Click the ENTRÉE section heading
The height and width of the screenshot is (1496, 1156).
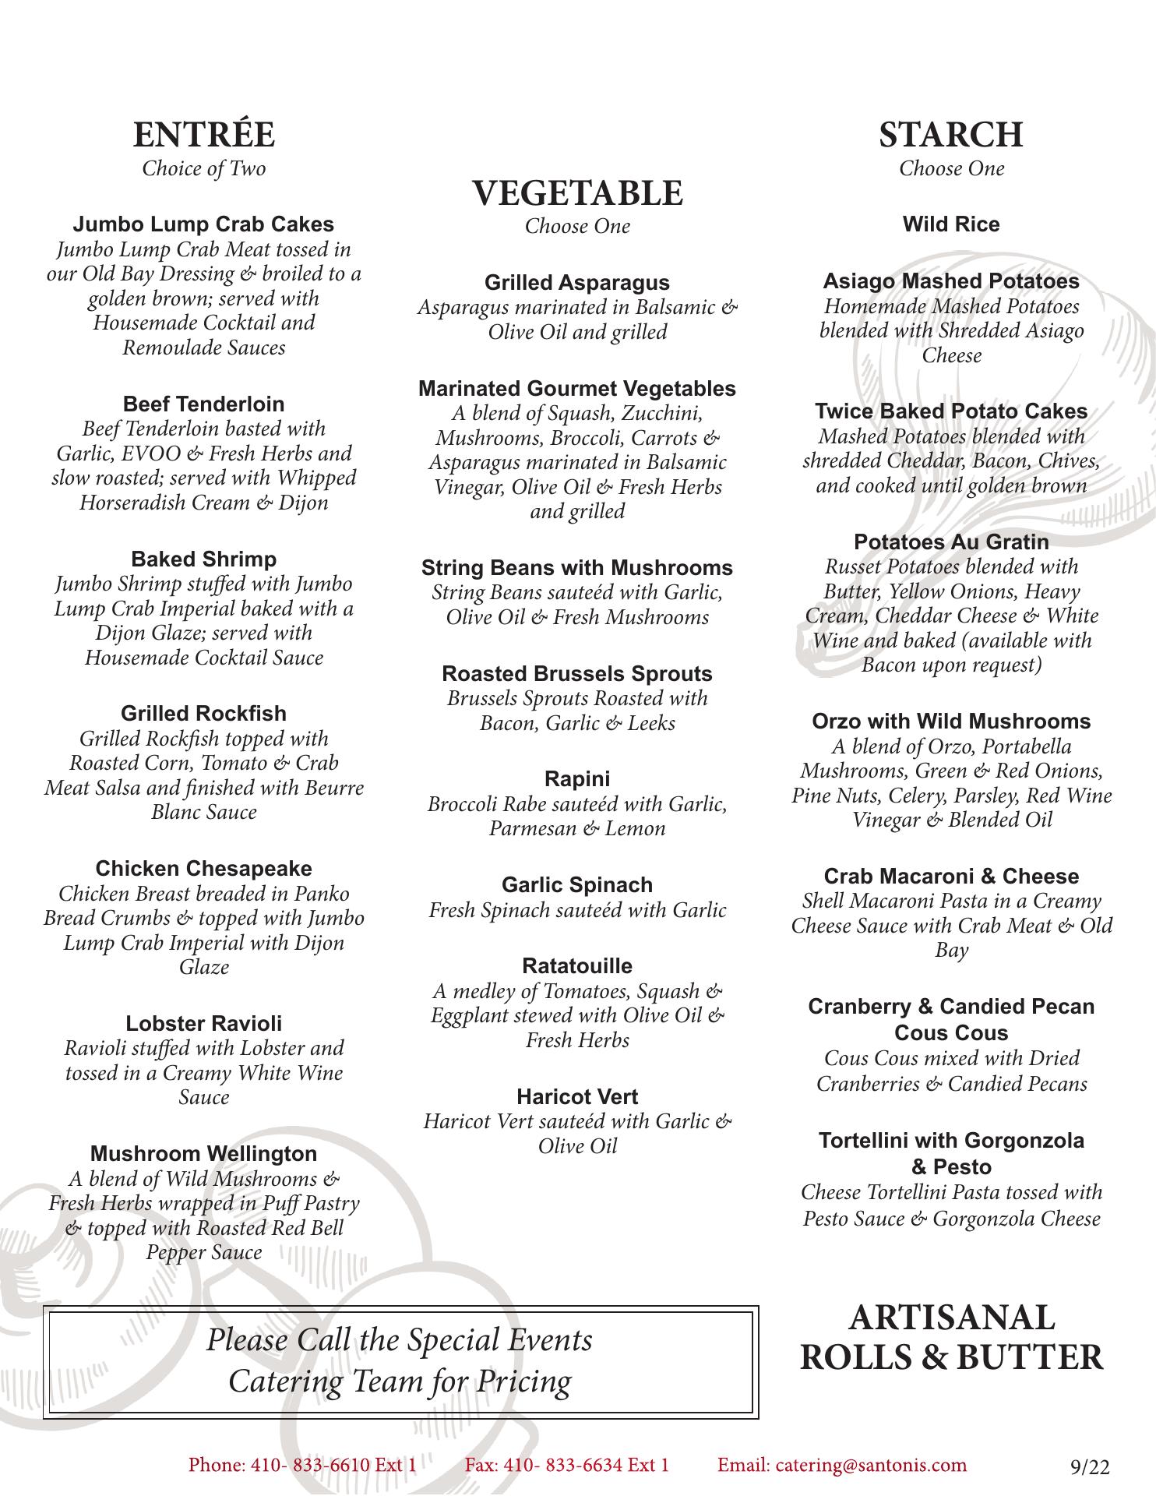(203, 135)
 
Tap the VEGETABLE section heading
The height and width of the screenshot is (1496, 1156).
(577, 193)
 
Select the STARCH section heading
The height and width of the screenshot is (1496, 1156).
(951, 135)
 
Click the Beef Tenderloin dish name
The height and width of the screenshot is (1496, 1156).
(203, 404)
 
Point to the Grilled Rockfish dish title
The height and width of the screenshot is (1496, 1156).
(203, 713)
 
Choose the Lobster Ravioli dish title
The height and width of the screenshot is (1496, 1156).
(203, 1023)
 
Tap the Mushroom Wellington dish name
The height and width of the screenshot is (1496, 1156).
(203, 1153)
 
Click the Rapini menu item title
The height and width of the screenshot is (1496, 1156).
(577, 778)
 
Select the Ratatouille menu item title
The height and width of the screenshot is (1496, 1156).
(577, 965)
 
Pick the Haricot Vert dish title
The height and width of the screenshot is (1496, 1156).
(577, 1096)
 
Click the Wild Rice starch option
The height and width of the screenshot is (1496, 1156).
(951, 224)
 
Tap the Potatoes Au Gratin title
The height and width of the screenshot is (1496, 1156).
(951, 542)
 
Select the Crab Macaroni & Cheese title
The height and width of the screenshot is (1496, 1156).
(951, 876)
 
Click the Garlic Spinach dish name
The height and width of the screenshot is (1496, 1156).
(577, 884)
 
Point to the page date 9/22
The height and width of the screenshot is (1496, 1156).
(1090, 1467)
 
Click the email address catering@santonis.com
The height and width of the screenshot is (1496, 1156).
(842, 1465)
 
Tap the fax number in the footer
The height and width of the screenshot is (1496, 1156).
(567, 1465)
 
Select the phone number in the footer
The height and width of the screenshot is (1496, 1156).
(302, 1465)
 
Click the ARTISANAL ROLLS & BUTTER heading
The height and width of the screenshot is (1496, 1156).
(951, 1337)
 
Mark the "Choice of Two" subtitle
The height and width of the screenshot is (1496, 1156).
(203, 168)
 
